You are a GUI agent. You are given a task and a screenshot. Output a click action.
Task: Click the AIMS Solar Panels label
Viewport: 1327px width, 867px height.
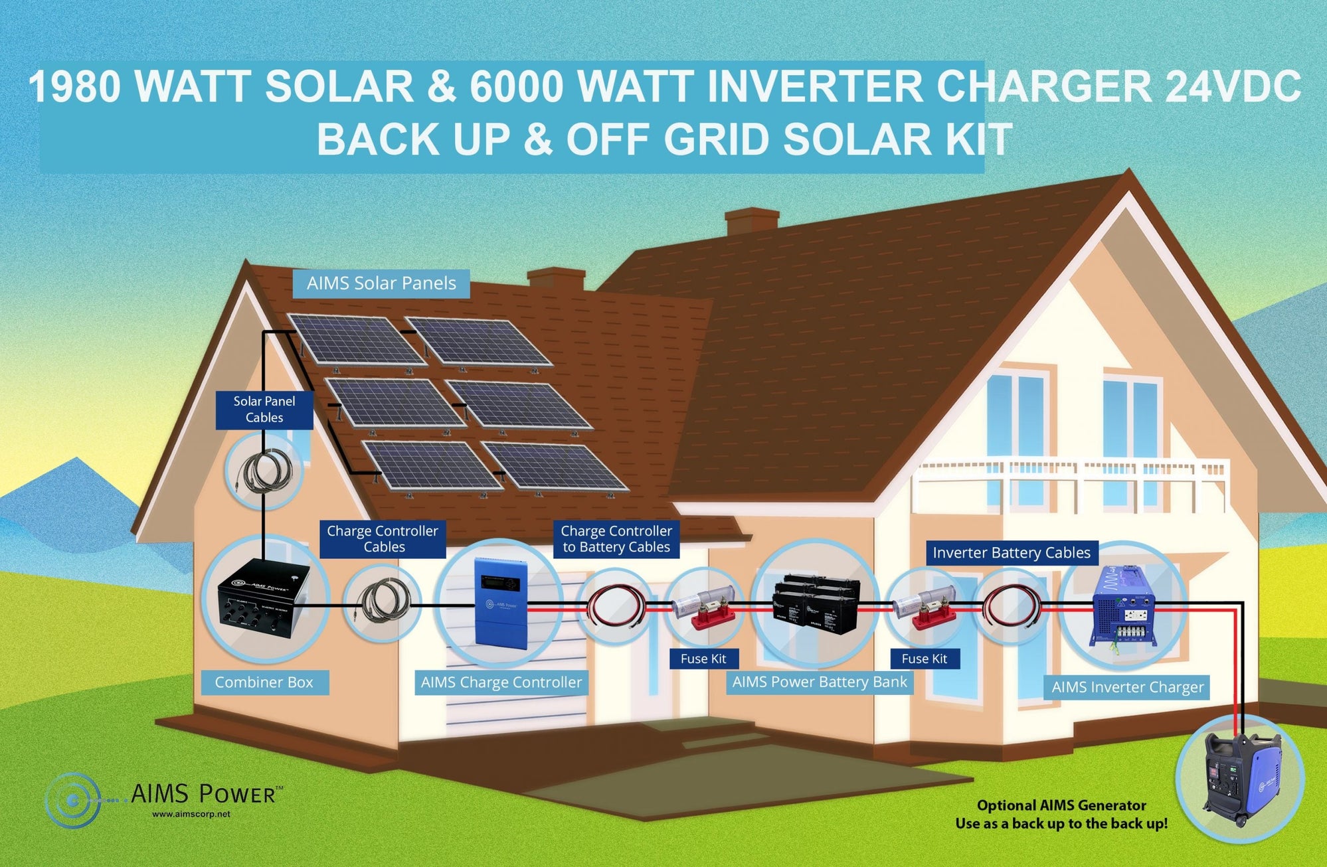coord(381,283)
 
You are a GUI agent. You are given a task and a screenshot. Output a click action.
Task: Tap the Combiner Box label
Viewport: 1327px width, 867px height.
coord(264,682)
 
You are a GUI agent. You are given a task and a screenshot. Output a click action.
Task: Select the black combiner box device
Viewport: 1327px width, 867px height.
coord(264,598)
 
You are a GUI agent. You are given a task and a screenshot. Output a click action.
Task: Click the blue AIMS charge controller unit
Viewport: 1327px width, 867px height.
coord(501,603)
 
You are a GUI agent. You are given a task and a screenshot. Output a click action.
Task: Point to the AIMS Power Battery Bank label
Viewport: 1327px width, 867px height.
coord(820,682)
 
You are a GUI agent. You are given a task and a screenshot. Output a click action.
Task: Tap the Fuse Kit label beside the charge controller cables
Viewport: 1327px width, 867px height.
coord(703,659)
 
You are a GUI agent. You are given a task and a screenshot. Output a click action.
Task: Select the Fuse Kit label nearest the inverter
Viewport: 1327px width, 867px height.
coord(925,659)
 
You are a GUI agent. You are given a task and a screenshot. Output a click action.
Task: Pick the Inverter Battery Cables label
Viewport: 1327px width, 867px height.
coord(1012,553)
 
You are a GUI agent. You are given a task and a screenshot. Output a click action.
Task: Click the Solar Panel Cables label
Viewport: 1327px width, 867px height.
coord(264,410)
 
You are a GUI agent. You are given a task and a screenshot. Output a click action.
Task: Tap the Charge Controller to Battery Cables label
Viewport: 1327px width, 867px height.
coord(616,539)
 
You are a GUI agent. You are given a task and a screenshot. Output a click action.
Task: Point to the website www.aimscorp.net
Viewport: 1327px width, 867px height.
coord(191,814)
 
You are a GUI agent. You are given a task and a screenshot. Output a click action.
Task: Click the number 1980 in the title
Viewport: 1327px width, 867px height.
coord(74,87)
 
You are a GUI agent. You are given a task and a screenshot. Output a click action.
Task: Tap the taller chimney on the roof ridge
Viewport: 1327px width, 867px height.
coord(751,223)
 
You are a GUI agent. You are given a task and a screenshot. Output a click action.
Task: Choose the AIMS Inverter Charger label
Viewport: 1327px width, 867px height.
coord(1128,688)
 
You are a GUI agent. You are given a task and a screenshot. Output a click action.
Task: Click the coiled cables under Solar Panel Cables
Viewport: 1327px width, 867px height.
coord(264,471)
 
